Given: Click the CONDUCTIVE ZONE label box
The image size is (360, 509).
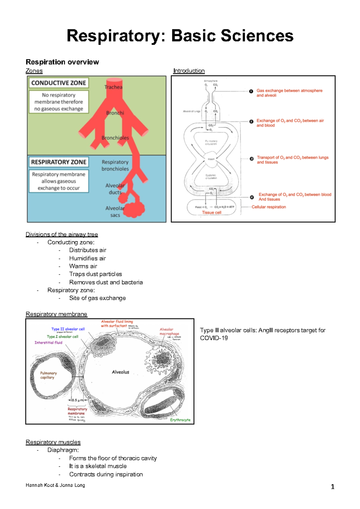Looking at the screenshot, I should coord(58,83).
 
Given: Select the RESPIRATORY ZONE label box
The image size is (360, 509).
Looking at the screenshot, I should coord(58,162).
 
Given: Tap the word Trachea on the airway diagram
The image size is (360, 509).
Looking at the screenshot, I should coord(113,87).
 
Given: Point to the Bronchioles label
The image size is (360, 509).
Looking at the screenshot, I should coord(115,138).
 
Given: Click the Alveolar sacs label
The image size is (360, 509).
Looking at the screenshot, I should coord(115,212).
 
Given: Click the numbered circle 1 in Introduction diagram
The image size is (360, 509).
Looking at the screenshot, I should coord(251,91).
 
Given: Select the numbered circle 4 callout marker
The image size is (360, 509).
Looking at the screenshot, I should coord(252,197).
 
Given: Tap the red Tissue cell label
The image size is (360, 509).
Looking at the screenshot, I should coord(211,213).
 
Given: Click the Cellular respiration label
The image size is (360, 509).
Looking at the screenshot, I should coord(269,207).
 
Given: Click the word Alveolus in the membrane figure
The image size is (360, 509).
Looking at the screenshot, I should coord(120,372).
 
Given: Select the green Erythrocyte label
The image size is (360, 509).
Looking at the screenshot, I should coord(180,420).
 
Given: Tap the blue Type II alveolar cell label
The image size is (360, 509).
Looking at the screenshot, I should coord(68,329).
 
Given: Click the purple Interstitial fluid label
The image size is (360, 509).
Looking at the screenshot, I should coord(48,343).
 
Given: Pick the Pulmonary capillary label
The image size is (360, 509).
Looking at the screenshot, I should coord(48,375).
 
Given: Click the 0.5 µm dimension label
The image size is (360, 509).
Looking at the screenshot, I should coord(77,400).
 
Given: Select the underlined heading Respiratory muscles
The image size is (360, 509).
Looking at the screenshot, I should coord(53,442).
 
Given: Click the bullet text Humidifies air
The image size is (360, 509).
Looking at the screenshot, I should coord(87,258).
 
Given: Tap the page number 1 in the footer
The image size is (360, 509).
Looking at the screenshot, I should coord(332,487).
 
